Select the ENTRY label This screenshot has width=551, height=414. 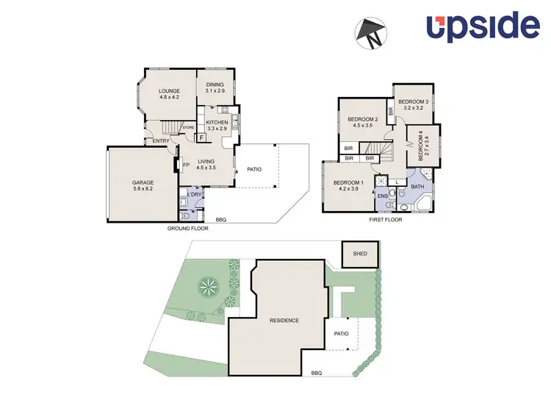click(x=161, y=141)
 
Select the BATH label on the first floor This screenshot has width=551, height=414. click(x=418, y=187)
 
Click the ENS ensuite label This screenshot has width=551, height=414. click(x=382, y=196)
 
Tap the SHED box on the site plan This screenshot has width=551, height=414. click(x=360, y=254)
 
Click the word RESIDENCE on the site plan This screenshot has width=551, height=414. click(x=284, y=321)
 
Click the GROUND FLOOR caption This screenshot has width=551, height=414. click(x=187, y=229)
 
